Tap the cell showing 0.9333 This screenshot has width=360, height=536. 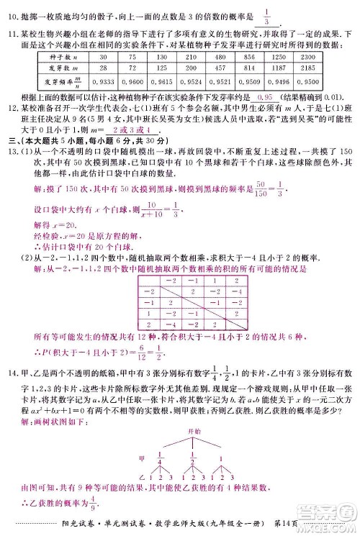click(x=102, y=81)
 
